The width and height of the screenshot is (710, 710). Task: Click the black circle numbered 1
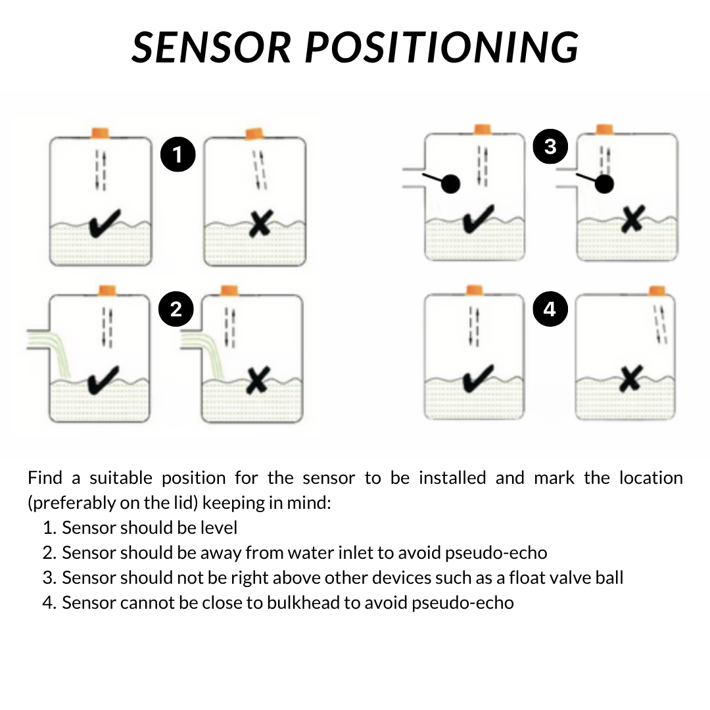tap(177, 154)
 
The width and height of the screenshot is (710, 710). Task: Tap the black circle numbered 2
tap(176, 308)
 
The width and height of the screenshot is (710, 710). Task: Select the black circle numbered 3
tap(550, 146)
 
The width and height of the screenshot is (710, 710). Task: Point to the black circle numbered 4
tap(550, 308)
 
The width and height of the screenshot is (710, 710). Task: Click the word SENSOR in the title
tap(212, 47)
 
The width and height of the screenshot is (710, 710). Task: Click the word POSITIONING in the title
tap(443, 47)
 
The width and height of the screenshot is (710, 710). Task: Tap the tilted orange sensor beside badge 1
tap(254, 134)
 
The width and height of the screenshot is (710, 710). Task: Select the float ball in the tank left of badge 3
tap(450, 184)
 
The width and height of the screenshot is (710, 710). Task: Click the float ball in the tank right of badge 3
tap(604, 185)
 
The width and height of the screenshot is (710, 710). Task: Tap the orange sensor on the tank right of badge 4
tap(656, 290)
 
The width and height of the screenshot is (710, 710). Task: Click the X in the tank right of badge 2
tap(257, 380)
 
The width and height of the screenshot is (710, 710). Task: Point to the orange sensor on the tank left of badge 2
tap(106, 290)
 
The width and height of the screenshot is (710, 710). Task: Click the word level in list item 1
tap(221, 527)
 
